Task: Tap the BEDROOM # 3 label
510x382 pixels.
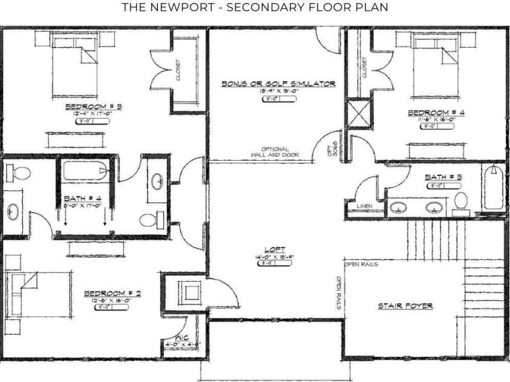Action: [94, 107]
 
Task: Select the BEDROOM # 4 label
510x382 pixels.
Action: [436, 112]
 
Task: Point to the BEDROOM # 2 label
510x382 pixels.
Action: [113, 293]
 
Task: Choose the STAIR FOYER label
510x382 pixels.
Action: [405, 306]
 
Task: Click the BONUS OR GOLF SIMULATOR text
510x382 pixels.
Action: [278, 84]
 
